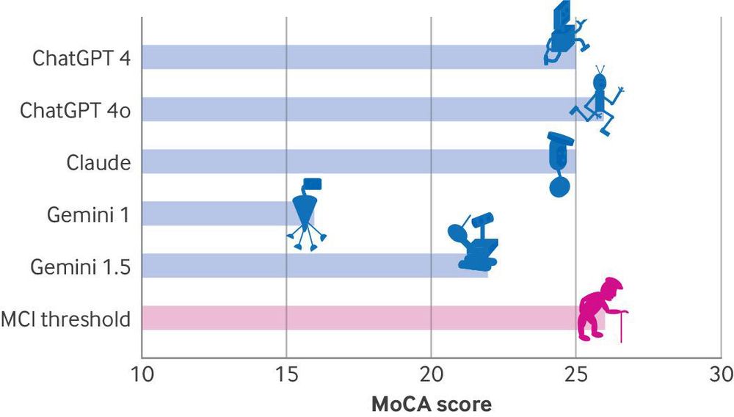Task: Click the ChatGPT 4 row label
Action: click(81, 58)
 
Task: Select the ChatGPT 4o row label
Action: click(75, 110)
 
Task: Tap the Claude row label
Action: click(98, 162)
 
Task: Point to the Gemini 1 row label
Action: click(89, 214)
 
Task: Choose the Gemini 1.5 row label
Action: click(81, 266)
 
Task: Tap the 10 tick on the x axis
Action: click(141, 374)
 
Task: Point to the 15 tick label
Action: click(286, 374)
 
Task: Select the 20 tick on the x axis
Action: click(431, 374)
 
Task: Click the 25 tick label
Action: click(575, 374)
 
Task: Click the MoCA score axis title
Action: click(431, 404)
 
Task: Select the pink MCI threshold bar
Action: click(352, 318)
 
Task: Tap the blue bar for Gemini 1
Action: click(213, 214)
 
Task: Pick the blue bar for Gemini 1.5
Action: click(294, 266)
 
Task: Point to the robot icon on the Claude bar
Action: click(560, 164)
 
